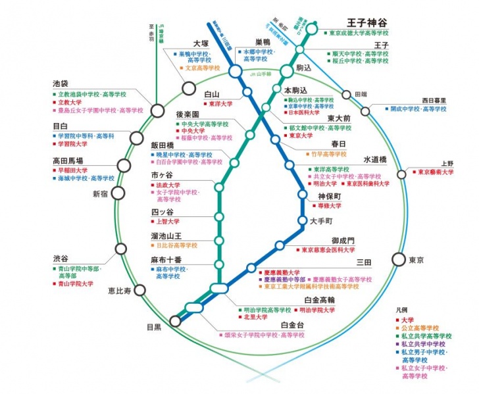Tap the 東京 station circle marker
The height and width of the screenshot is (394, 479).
click(398, 259)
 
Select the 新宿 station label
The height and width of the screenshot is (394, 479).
click(100, 193)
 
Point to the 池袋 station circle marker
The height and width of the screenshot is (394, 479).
click(158, 109)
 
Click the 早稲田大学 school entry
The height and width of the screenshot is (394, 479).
click(73, 169)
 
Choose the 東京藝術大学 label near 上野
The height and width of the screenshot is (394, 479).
click(432, 172)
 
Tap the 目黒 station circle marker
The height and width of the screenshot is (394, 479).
click(176, 321)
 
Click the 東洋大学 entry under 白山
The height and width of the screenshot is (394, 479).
click(220, 103)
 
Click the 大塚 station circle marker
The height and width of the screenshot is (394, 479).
click(189, 87)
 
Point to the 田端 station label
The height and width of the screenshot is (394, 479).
click(362, 93)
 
